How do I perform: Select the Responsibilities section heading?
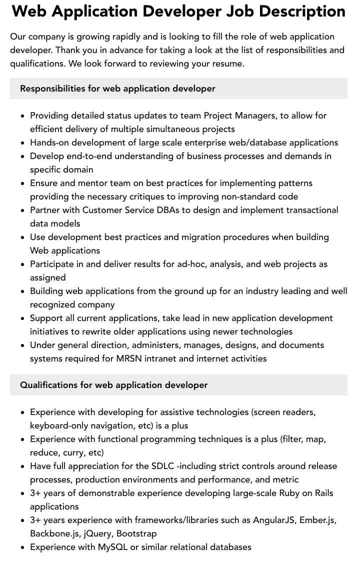(117, 88)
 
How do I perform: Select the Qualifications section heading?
(113, 385)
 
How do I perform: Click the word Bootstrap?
(137, 533)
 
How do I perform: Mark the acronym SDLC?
(163, 466)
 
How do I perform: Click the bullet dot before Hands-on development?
(22, 143)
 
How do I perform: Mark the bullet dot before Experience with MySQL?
(22, 547)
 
